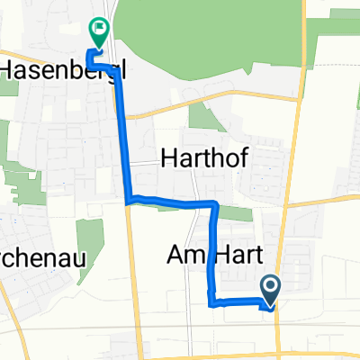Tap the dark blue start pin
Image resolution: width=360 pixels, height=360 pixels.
271,291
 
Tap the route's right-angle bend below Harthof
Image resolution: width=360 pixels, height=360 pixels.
215,203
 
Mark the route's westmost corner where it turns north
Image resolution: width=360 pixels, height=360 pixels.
127,199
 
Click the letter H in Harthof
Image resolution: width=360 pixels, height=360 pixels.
167,158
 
